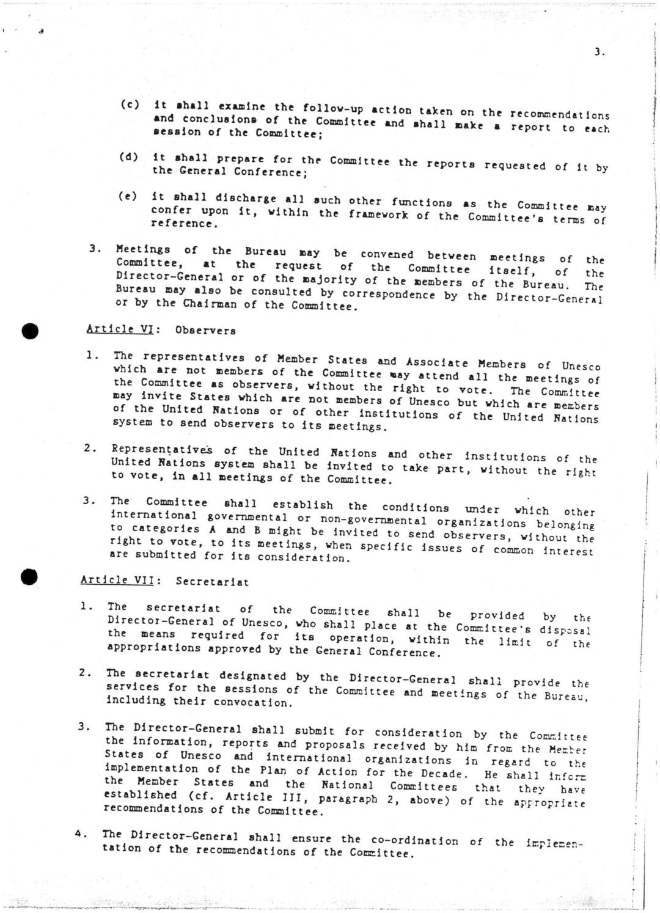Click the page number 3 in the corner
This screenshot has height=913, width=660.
(598, 53)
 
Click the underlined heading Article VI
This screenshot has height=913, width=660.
(119, 329)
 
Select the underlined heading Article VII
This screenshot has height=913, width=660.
(117, 580)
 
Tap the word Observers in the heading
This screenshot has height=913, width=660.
(205, 331)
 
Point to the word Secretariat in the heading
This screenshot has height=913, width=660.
(212, 582)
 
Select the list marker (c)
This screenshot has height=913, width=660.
(130, 105)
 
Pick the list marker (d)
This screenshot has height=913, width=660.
(128, 157)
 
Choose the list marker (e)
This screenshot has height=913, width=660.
(127, 197)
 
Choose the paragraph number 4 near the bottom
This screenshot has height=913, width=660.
(79, 834)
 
